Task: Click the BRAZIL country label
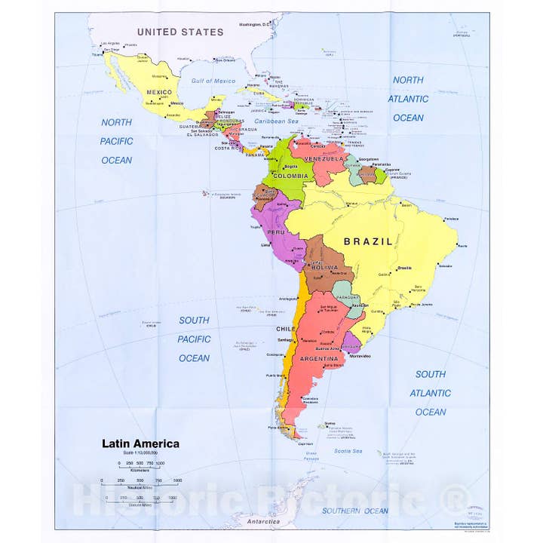tap(368, 242)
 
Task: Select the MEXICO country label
tap(160, 92)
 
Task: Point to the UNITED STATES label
tap(180, 32)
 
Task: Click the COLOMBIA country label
tap(290, 176)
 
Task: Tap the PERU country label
tap(277, 232)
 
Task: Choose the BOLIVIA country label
tap(324, 268)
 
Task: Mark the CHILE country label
tap(285, 329)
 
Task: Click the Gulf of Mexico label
tap(213, 81)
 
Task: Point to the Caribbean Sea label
tap(277, 121)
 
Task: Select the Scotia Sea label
tap(348, 451)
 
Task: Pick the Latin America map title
tap(141, 443)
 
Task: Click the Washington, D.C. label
tap(259, 25)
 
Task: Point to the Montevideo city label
tap(359, 356)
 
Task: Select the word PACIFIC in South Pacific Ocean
tap(194, 339)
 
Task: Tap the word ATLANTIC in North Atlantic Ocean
tap(408, 99)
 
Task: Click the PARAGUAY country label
tap(345, 296)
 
